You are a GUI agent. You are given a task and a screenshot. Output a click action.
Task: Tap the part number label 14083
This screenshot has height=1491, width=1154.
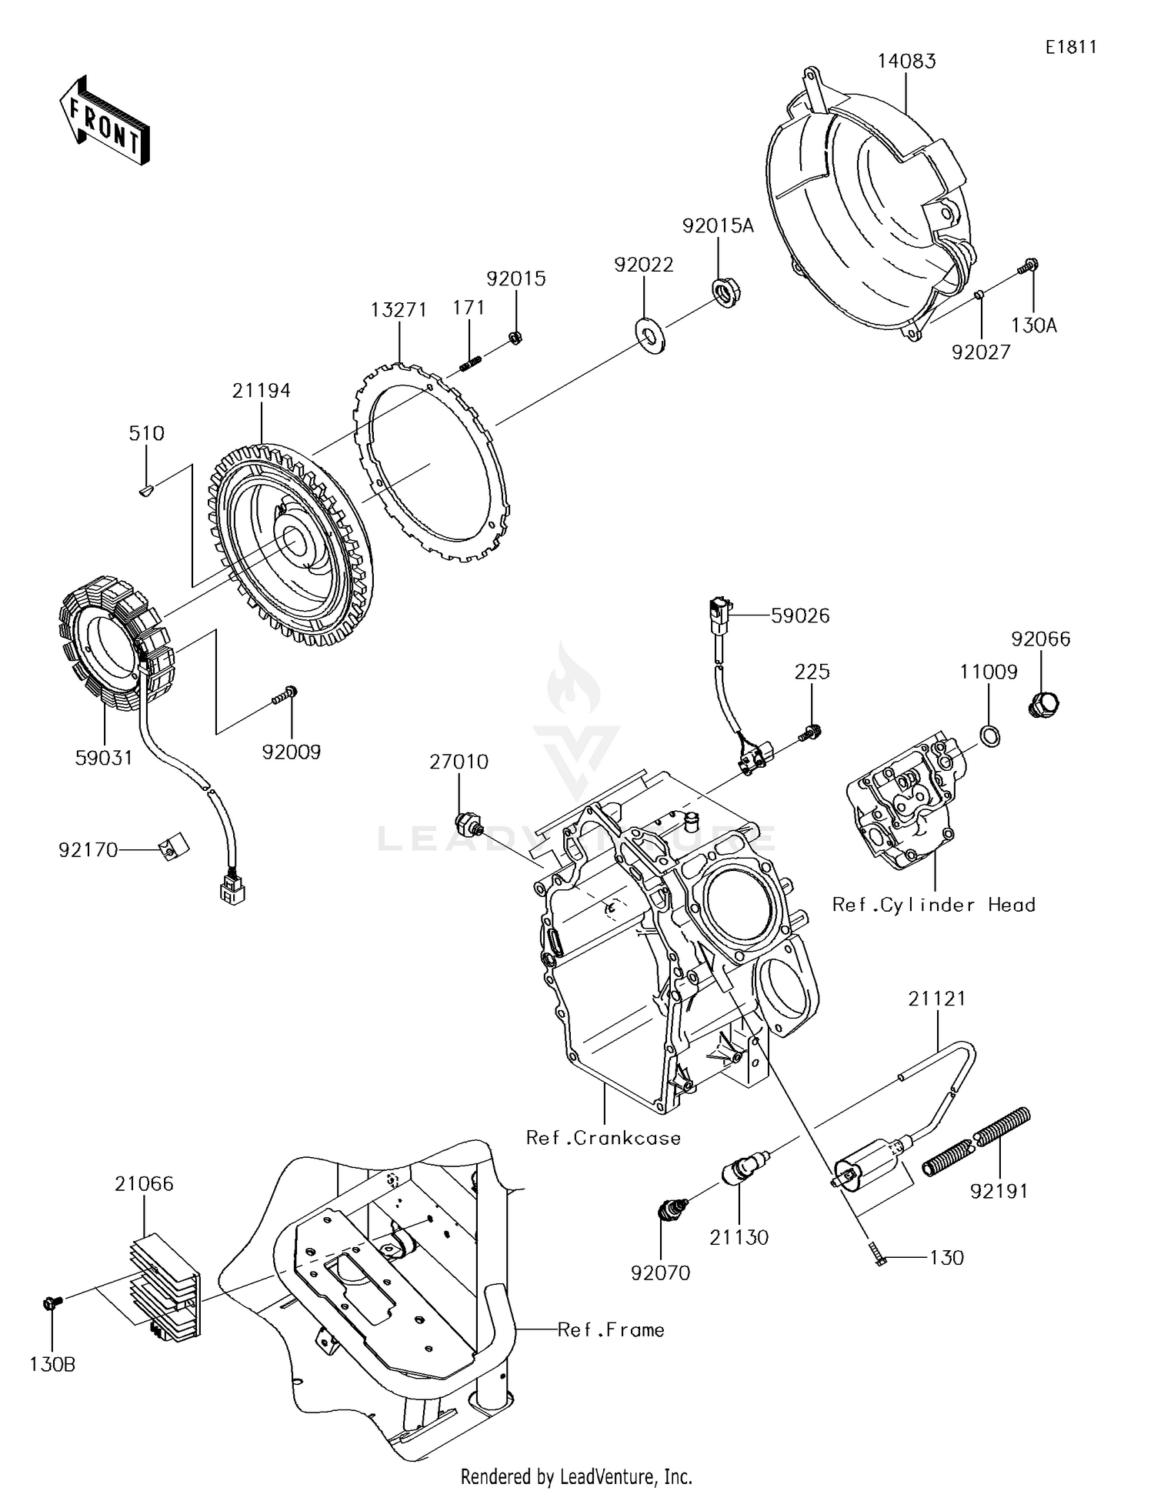(907, 62)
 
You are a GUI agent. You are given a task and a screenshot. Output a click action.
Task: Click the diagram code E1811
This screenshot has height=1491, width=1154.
(1071, 47)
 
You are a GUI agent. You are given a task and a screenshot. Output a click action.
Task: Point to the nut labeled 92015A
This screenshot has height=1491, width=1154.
(723, 294)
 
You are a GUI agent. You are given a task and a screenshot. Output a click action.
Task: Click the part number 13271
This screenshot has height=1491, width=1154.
(398, 310)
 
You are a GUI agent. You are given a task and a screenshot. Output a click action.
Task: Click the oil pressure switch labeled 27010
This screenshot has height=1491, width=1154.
(468, 822)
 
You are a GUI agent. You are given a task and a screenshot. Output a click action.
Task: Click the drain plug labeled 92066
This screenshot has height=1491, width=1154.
(1044, 703)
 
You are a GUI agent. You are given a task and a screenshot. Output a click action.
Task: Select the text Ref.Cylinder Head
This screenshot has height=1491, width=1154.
(933, 905)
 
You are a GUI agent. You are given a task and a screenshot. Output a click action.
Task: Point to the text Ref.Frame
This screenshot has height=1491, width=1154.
(611, 1329)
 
